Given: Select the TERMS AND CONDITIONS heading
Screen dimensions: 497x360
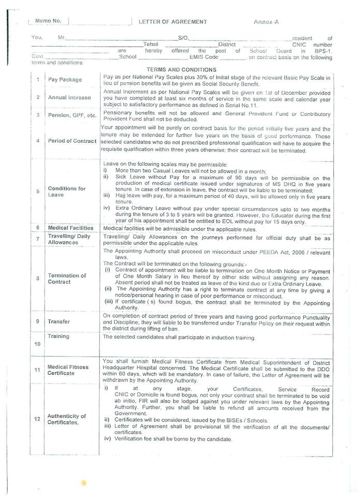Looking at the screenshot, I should [181, 69].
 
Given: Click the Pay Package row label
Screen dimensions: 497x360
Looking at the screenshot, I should [64, 81].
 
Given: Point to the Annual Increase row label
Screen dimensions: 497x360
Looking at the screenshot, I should [69, 97].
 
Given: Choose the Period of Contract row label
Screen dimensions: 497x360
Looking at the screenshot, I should [72, 141].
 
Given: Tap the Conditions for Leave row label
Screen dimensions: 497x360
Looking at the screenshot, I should [67, 192].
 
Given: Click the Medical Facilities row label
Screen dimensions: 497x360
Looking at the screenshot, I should [70, 228].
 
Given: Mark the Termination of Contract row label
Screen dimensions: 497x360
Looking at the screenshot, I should [67, 279].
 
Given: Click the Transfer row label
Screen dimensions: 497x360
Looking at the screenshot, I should [59, 321].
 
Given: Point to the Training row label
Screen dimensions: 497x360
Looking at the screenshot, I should [59, 336].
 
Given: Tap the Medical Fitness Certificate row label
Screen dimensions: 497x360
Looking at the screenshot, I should [68, 370].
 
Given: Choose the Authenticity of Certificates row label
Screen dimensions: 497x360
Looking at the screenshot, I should [67, 419].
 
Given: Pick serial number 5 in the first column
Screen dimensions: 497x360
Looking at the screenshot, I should [38, 191].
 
